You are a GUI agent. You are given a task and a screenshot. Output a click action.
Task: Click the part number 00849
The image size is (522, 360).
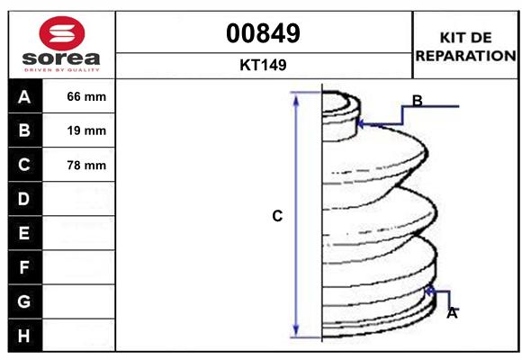(264, 33)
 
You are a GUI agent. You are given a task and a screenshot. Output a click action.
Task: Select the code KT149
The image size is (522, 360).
(264, 65)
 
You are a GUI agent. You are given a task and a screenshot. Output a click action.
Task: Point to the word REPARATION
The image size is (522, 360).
(466, 55)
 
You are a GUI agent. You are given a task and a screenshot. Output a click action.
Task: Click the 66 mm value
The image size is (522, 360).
(86, 96)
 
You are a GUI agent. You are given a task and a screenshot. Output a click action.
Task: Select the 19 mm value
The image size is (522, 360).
(86, 130)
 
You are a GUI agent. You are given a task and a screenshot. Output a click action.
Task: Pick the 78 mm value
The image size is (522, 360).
(86, 165)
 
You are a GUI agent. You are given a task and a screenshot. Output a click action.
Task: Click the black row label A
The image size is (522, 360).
(24, 96)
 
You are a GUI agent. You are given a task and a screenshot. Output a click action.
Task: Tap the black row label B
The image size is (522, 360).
(24, 130)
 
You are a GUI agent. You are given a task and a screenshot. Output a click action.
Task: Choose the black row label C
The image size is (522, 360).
(24, 165)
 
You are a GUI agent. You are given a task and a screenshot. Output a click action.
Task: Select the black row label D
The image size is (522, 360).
(24, 199)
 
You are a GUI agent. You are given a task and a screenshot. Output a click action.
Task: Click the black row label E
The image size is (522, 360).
(24, 233)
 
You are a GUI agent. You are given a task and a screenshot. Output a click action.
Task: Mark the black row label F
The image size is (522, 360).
(24, 267)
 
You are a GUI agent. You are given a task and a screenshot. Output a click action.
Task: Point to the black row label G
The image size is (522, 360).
(24, 301)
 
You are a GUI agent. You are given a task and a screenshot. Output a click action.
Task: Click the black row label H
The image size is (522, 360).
(24, 336)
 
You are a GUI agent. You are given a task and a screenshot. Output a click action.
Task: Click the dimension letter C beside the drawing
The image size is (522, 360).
(277, 216)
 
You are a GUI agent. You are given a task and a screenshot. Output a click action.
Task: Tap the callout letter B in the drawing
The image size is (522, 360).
(417, 100)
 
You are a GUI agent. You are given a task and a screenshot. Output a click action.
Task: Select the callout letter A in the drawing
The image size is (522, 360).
(452, 313)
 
